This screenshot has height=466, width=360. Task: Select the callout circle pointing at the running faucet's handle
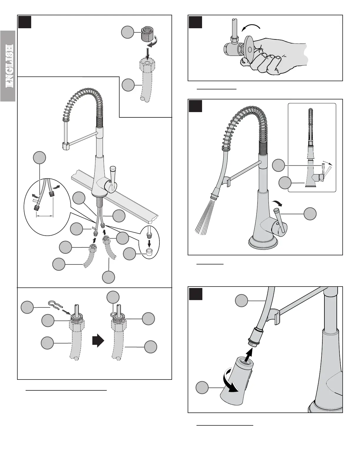[310, 214]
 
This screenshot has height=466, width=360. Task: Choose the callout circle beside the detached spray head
[202, 388]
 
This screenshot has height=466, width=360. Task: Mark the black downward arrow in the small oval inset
[149, 243]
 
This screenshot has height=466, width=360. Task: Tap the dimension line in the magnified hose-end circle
[44, 216]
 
